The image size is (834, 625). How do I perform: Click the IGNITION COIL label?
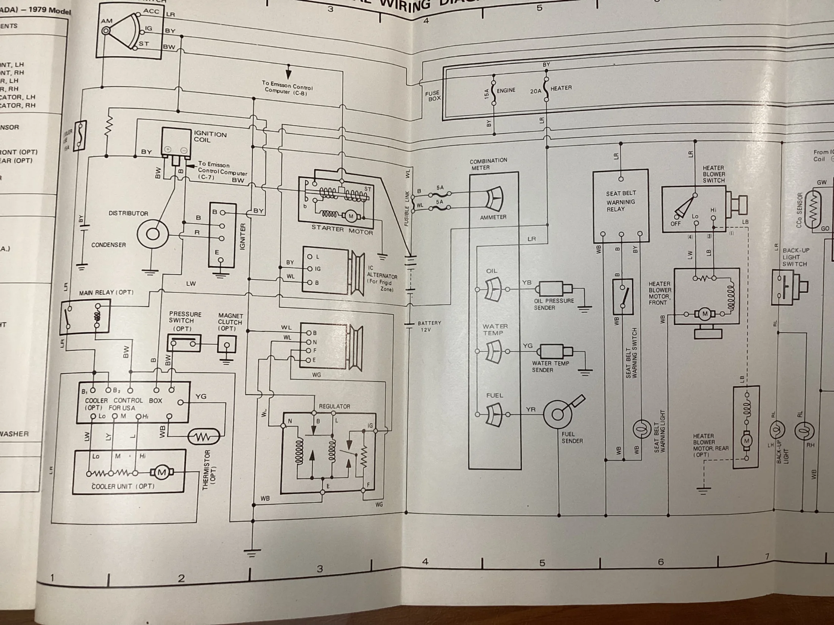(210, 137)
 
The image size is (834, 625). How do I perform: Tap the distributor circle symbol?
(152, 234)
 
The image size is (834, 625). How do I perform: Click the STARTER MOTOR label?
(342, 230)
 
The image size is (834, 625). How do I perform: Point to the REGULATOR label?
(334, 406)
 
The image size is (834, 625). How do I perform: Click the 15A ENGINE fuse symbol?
(494, 92)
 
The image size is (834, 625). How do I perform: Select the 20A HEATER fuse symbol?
(546, 90)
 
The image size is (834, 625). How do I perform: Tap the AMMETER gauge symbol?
(494, 199)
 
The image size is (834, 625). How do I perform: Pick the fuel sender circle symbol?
(557, 414)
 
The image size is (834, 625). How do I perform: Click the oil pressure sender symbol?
(553, 289)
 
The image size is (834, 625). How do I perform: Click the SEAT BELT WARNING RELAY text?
(621, 201)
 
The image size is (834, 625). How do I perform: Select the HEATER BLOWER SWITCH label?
(714, 174)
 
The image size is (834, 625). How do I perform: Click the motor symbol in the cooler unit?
(162, 472)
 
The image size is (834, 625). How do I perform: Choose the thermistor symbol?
(204, 437)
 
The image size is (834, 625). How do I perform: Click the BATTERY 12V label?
(429, 326)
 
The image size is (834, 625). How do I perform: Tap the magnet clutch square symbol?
(227, 345)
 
